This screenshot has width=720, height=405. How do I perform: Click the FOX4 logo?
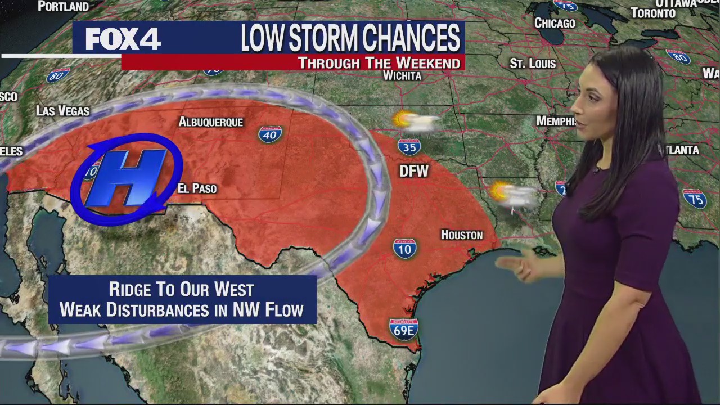click(123, 39)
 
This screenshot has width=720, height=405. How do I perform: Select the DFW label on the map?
click(414, 171)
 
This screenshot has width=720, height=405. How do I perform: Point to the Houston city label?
click(462, 235)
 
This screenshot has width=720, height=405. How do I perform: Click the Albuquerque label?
click(211, 121)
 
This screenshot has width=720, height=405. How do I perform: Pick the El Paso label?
click(197, 188)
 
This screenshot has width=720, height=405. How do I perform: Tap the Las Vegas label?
click(62, 111)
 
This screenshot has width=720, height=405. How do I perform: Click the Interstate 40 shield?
click(271, 134)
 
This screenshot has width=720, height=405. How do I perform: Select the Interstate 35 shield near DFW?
click(409, 147)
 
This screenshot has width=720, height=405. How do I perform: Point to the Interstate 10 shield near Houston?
click(405, 248)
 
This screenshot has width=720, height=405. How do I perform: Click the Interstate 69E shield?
click(403, 329)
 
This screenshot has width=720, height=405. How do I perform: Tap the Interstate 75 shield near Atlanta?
click(695, 199)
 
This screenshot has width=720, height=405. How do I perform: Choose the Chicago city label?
click(555, 23)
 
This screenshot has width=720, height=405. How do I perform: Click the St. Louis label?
click(533, 64)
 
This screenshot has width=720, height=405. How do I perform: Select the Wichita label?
click(402, 75)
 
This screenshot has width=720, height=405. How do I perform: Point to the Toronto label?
click(653, 13)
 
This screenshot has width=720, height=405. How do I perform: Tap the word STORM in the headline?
click(319, 39)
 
